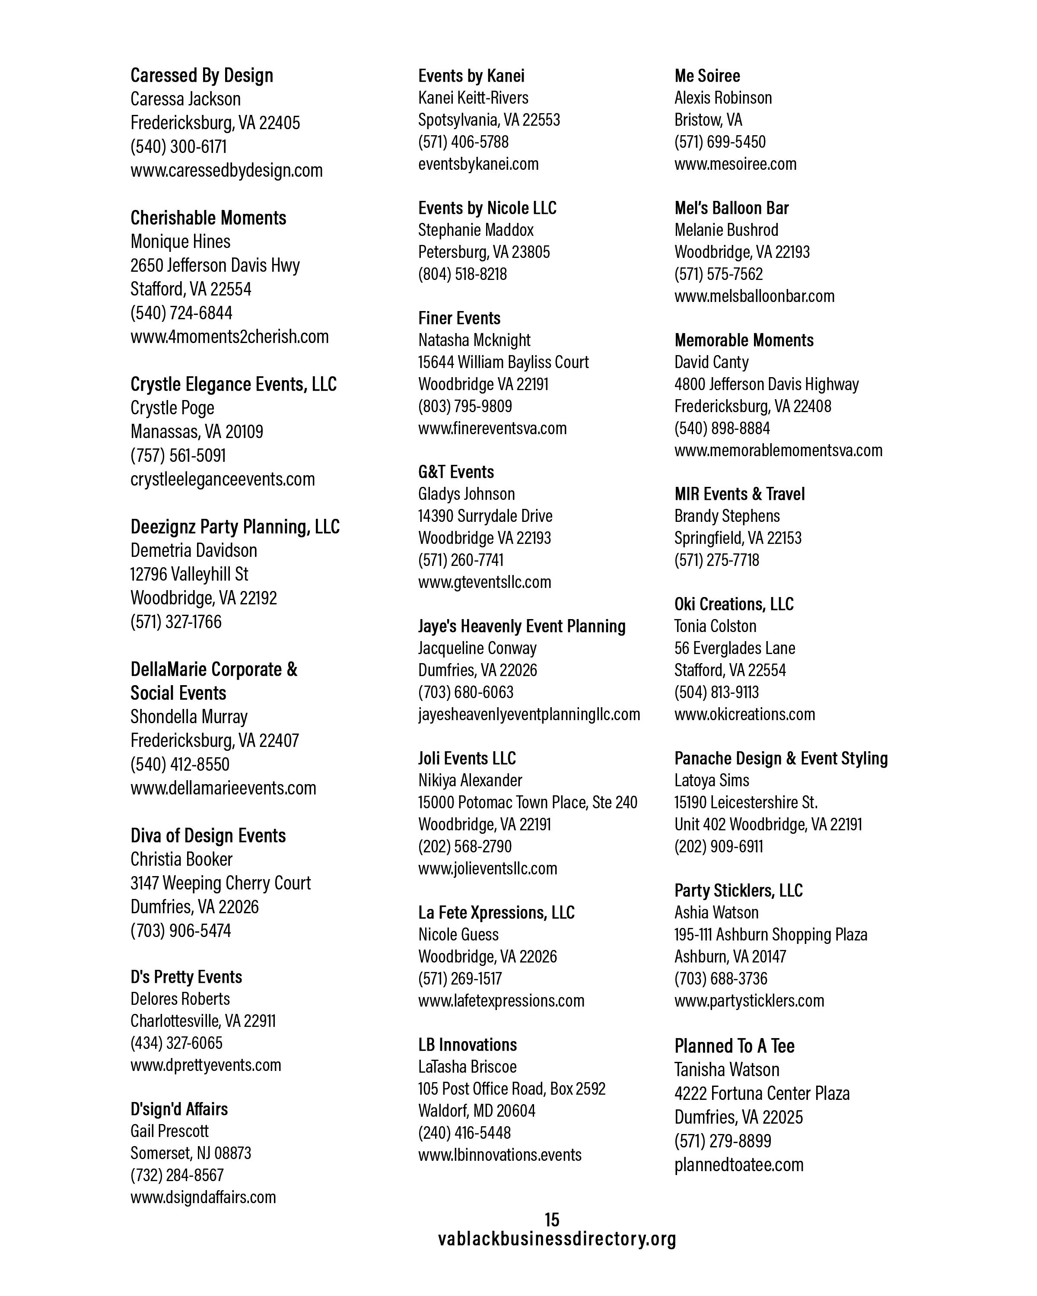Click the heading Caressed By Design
[201, 76]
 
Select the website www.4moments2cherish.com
[229, 337]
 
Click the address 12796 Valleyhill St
[189, 575]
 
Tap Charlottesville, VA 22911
[203, 1021]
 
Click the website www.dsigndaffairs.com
[203, 1197]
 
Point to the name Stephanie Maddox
[476, 230]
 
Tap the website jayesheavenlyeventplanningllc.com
[529, 714]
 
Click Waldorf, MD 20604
[476, 1111]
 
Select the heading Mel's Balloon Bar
[731, 208]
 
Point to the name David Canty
[711, 362]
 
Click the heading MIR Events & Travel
[739, 494]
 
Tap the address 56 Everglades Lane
[734, 648]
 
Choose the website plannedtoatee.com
[738, 1165]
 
